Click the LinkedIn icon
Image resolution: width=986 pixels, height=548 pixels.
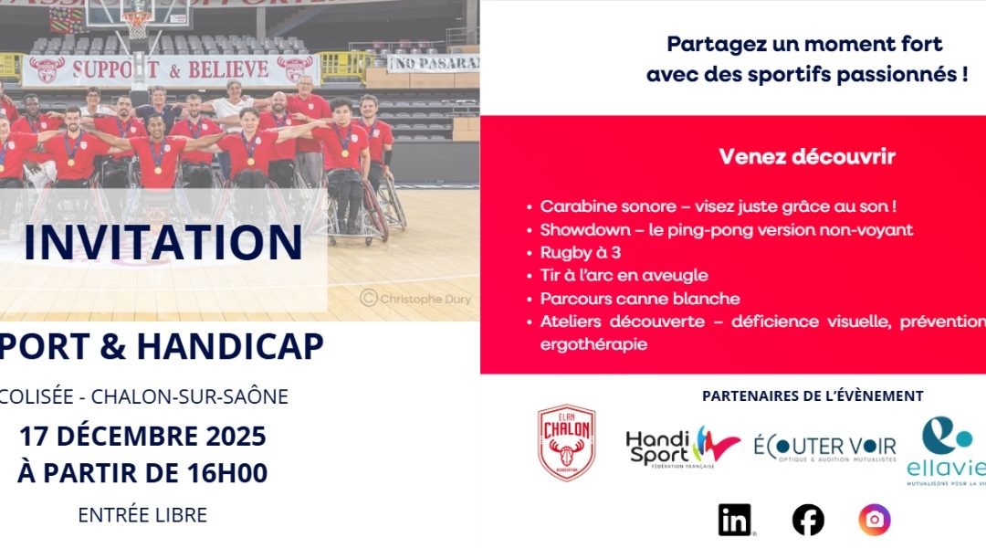735,520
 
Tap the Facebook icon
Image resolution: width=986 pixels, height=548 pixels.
808,520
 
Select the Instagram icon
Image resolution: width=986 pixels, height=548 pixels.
875,520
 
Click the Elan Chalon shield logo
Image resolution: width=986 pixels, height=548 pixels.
566,443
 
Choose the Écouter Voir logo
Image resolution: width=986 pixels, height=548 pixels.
824,448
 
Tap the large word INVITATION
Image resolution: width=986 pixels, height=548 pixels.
163,242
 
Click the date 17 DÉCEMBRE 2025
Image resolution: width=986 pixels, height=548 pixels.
142,437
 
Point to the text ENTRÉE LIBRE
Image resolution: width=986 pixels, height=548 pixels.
142,515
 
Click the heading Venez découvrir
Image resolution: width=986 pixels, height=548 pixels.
807,157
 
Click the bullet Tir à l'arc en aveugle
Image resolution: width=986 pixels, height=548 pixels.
624,275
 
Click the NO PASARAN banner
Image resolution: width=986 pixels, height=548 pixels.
434,63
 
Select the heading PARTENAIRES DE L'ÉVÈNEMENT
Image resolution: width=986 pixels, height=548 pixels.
813,395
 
